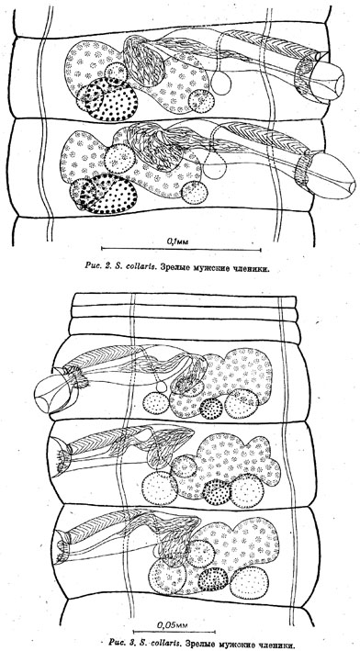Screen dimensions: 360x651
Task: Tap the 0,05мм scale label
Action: tap(173, 623)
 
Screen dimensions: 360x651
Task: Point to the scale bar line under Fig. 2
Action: tap(181, 250)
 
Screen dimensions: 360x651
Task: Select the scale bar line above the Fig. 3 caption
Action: tap(174, 632)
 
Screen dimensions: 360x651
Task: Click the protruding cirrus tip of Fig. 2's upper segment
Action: tap(328, 81)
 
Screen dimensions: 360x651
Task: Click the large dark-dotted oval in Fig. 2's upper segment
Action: tap(112, 99)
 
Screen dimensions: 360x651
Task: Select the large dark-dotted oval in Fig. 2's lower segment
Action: tap(108, 194)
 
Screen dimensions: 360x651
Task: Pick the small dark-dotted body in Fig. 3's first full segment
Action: tap(211, 409)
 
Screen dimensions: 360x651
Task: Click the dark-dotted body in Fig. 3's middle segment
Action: tap(217, 492)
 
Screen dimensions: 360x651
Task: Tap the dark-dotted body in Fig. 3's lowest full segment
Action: tap(213, 579)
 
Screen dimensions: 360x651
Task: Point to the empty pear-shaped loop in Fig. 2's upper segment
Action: tap(221, 83)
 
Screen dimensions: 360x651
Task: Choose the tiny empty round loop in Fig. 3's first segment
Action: tap(162, 387)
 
